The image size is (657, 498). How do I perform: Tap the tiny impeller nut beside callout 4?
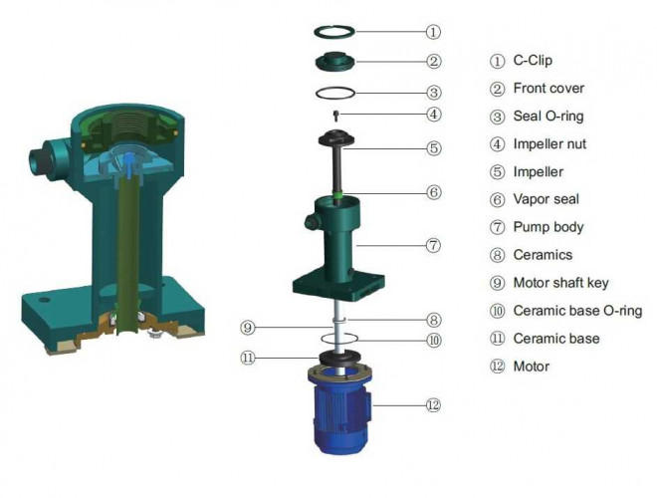point(336,115)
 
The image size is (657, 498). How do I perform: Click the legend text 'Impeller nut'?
point(549,144)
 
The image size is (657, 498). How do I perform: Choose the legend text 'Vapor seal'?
point(547,200)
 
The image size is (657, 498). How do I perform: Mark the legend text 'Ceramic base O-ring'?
point(577,311)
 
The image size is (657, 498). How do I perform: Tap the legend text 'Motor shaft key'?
point(560,283)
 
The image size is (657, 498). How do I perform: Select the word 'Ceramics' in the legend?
point(543,255)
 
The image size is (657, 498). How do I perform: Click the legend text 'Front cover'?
point(548,89)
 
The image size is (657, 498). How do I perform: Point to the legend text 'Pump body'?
point(547,227)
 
